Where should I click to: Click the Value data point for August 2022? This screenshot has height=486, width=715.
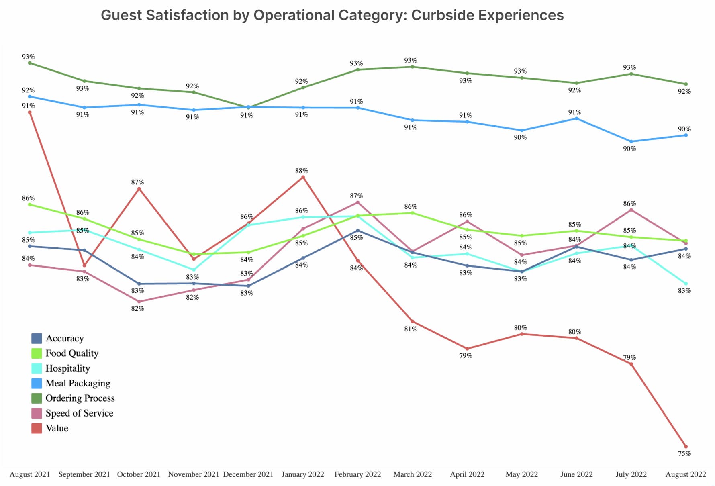click(x=686, y=447)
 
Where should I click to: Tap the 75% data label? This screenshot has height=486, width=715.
click(x=684, y=454)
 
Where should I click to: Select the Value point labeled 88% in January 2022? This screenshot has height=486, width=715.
click(x=303, y=177)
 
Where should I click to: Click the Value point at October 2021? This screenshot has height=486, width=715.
click(x=139, y=188)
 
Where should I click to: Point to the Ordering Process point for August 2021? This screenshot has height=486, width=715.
click(x=30, y=63)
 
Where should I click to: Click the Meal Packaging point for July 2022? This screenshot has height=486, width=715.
click(x=631, y=141)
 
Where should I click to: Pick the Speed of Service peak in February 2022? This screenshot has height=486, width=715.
click(x=358, y=203)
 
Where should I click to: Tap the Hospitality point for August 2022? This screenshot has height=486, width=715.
click(x=686, y=284)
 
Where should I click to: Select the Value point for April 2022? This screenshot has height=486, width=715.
click(x=467, y=349)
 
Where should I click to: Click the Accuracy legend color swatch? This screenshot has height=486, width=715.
click(x=37, y=338)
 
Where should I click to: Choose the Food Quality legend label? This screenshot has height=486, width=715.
click(x=72, y=353)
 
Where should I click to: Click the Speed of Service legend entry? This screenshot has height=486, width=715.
click(x=79, y=413)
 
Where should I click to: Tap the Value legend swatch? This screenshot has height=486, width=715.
click(x=37, y=428)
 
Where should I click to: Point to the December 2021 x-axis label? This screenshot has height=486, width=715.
click(x=248, y=474)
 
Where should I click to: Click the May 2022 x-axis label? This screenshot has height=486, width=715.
click(x=521, y=474)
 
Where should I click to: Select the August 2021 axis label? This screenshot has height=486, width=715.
click(x=30, y=474)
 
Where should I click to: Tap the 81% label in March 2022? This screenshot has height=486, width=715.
click(x=411, y=329)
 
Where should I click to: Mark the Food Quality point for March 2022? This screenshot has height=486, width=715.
click(x=413, y=213)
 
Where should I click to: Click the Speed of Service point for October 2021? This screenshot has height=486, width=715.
click(x=139, y=302)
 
